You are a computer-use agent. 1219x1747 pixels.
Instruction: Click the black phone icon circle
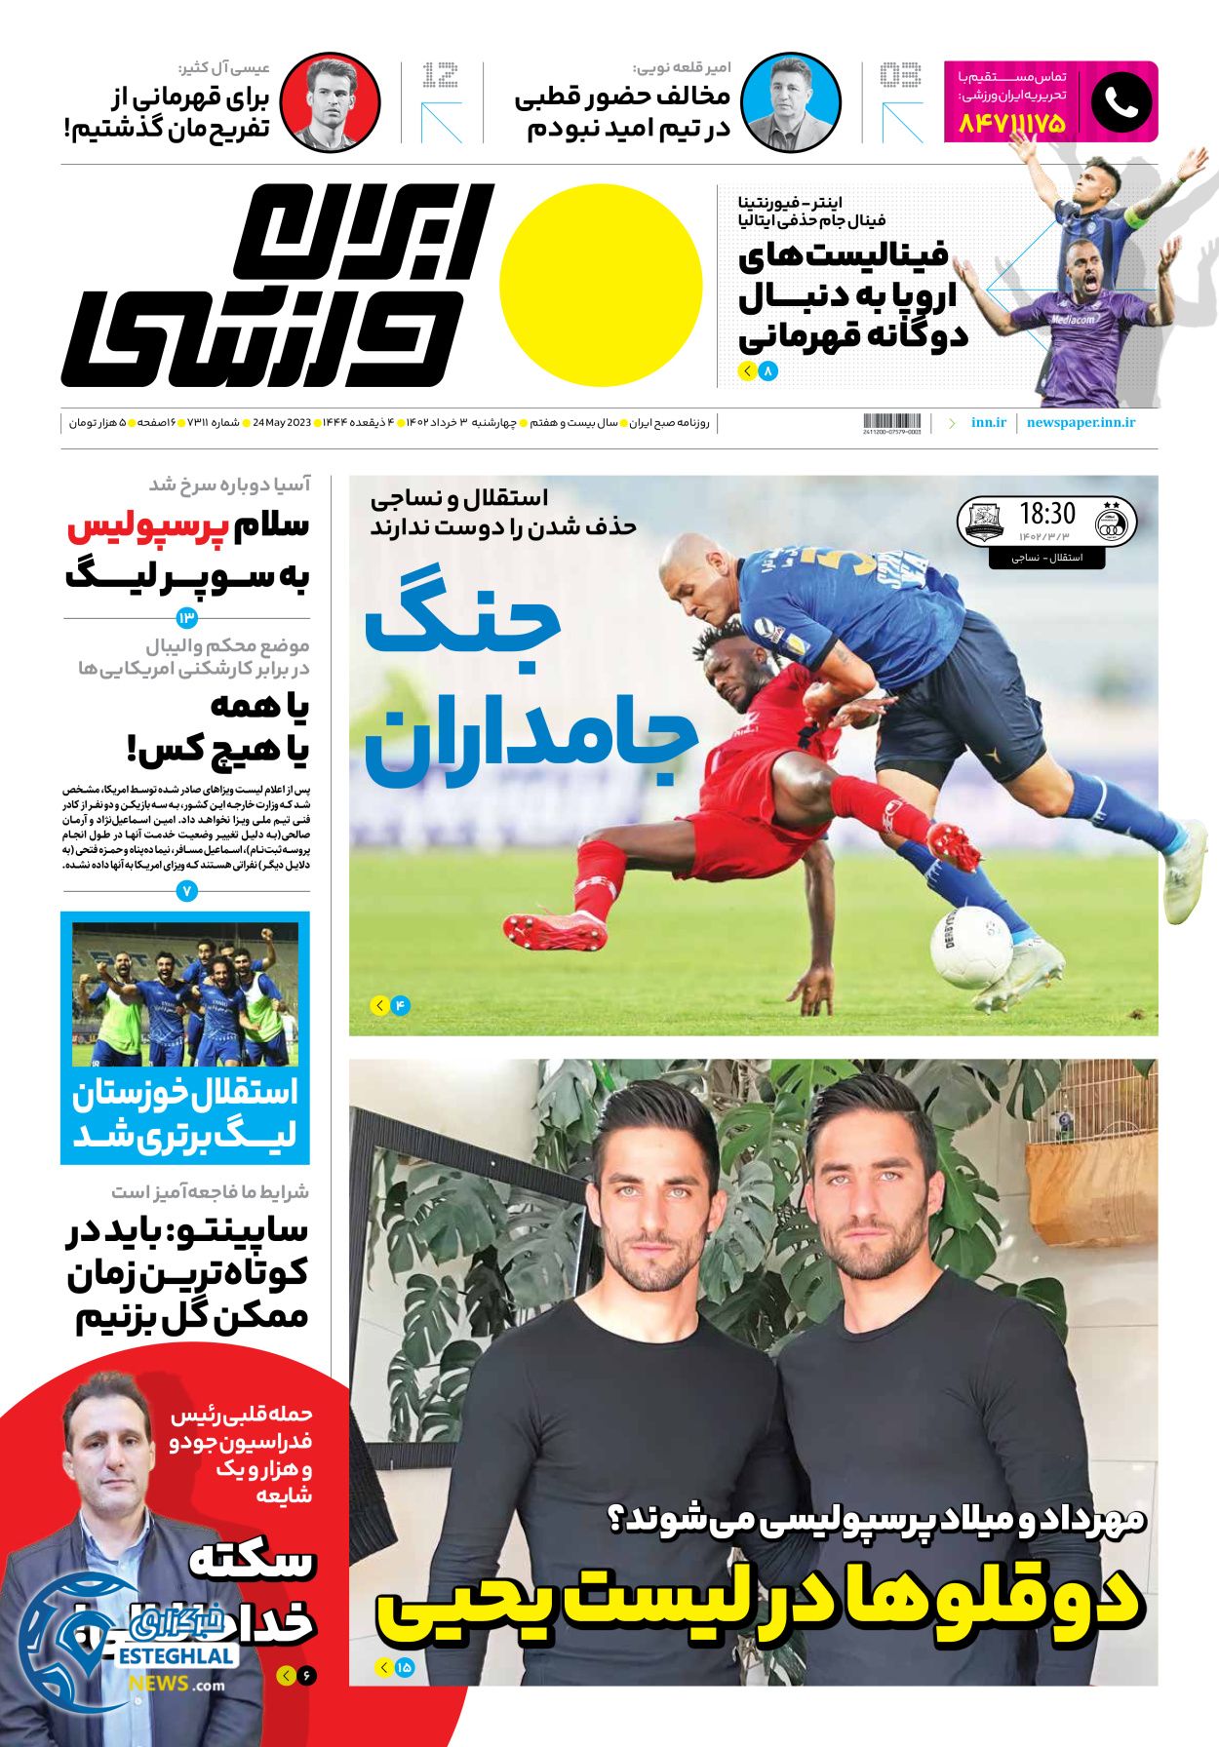tap(1121, 102)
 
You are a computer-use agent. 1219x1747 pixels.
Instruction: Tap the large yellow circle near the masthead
tap(601, 286)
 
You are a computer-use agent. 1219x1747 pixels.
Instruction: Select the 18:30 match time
tap(1047, 514)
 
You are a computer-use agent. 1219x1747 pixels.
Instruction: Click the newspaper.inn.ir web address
tap(1081, 423)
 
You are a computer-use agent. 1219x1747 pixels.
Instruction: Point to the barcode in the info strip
tap(891, 423)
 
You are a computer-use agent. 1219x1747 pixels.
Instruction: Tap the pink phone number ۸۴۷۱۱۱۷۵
tap(1012, 124)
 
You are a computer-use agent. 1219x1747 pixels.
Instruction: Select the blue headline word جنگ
tap(463, 633)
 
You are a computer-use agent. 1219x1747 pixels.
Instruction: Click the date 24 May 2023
tap(281, 423)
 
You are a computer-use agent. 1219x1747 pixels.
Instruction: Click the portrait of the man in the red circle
tap(330, 102)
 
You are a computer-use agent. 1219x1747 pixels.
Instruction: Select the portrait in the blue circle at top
tap(790, 102)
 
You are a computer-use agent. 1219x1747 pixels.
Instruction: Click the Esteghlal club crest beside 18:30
tap(1110, 523)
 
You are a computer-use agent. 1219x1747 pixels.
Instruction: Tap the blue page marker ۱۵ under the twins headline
tap(404, 1668)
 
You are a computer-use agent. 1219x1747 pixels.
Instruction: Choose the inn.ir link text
tap(988, 423)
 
